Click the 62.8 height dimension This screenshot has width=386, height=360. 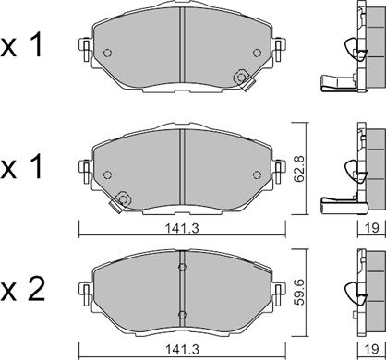(x=299, y=169)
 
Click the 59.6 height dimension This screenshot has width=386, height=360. (x=299, y=292)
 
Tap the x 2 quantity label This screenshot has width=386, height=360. (x=22, y=290)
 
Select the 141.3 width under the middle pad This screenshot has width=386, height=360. (x=182, y=228)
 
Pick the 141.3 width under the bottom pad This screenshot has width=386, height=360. (x=182, y=349)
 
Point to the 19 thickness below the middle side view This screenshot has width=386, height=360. (x=371, y=228)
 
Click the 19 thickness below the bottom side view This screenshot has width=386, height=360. (x=371, y=349)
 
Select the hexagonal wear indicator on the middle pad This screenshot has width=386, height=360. (x=123, y=199)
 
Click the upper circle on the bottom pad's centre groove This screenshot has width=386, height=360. (x=182, y=268)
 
